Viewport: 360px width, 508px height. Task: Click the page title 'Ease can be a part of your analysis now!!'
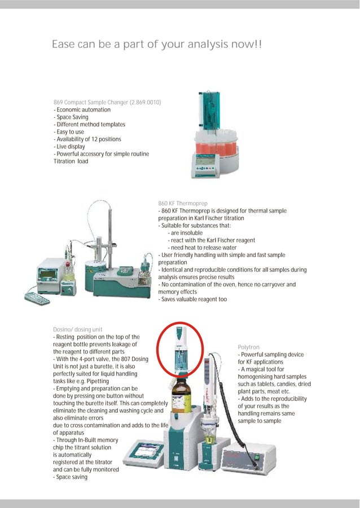tap(157, 45)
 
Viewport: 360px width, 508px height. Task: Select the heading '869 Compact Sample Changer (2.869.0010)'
tap(107, 102)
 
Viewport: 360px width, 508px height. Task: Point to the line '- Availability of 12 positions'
tap(87, 139)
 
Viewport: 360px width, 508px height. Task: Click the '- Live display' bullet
tap(69, 147)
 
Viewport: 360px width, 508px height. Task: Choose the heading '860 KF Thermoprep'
tap(183, 203)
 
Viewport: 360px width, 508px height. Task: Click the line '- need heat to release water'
tap(202, 248)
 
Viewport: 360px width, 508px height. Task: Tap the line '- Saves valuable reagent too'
tap(192, 299)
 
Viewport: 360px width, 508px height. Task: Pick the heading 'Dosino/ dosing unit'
tap(77, 329)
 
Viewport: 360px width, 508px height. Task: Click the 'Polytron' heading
tap(249, 347)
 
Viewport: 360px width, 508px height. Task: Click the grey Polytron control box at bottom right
tap(248, 457)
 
